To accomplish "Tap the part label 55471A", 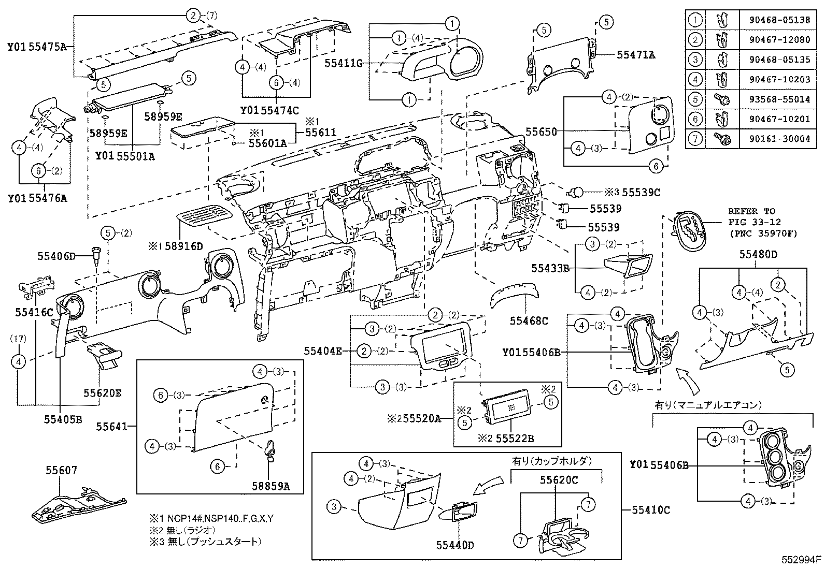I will click(635, 54).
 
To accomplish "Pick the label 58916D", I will click(184, 246).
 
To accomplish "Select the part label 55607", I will click(61, 470).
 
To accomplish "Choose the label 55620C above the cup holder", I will click(559, 480).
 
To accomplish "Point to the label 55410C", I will click(651, 510).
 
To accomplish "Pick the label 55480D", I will click(758, 254).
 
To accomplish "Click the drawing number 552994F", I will click(802, 560).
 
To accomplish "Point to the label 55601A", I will click(267, 143).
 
